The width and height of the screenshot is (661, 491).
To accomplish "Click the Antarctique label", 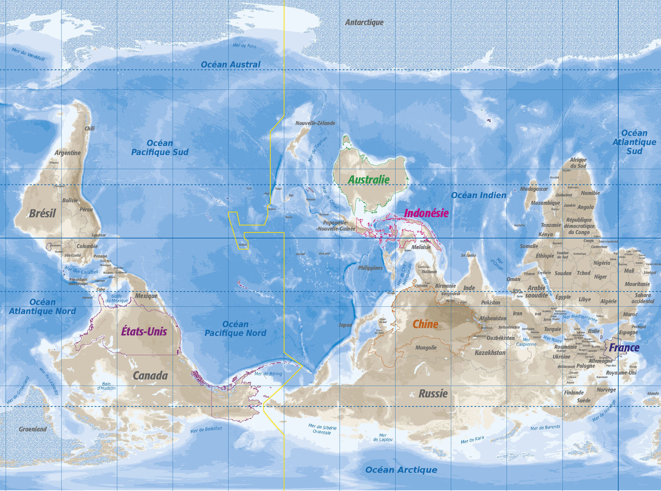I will (x=364, y=22).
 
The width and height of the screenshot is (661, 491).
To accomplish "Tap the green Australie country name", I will (x=369, y=180).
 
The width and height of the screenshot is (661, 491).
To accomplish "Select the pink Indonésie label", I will (x=426, y=213).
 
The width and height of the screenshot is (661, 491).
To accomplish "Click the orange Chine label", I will (x=425, y=324).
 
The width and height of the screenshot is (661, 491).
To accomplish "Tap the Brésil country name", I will (x=43, y=213).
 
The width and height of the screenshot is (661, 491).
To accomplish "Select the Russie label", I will (x=433, y=394).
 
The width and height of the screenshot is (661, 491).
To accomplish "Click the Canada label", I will (x=150, y=376).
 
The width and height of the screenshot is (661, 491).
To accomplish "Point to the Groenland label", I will (x=33, y=429).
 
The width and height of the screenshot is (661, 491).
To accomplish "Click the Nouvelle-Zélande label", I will (x=315, y=123).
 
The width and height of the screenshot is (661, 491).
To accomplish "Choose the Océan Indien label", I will (x=479, y=195).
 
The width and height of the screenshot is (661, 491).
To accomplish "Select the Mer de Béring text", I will (x=268, y=374).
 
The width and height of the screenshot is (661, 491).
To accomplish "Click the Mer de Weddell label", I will (x=28, y=54).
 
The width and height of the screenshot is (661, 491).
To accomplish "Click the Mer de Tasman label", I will (x=318, y=149).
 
